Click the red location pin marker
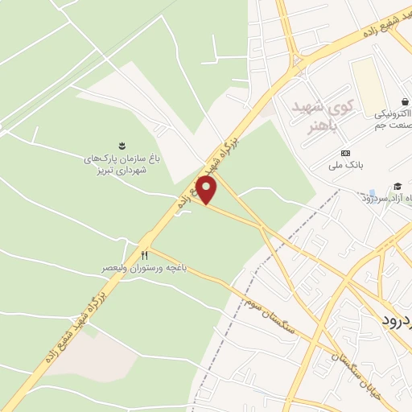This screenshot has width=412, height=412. pyautogui.click(x=208, y=191)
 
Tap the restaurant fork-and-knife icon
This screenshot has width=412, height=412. pyautogui.click(x=146, y=255)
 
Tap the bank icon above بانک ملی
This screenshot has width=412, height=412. pyautogui.click(x=346, y=154)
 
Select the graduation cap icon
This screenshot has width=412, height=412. pyautogui.click(x=397, y=186)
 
